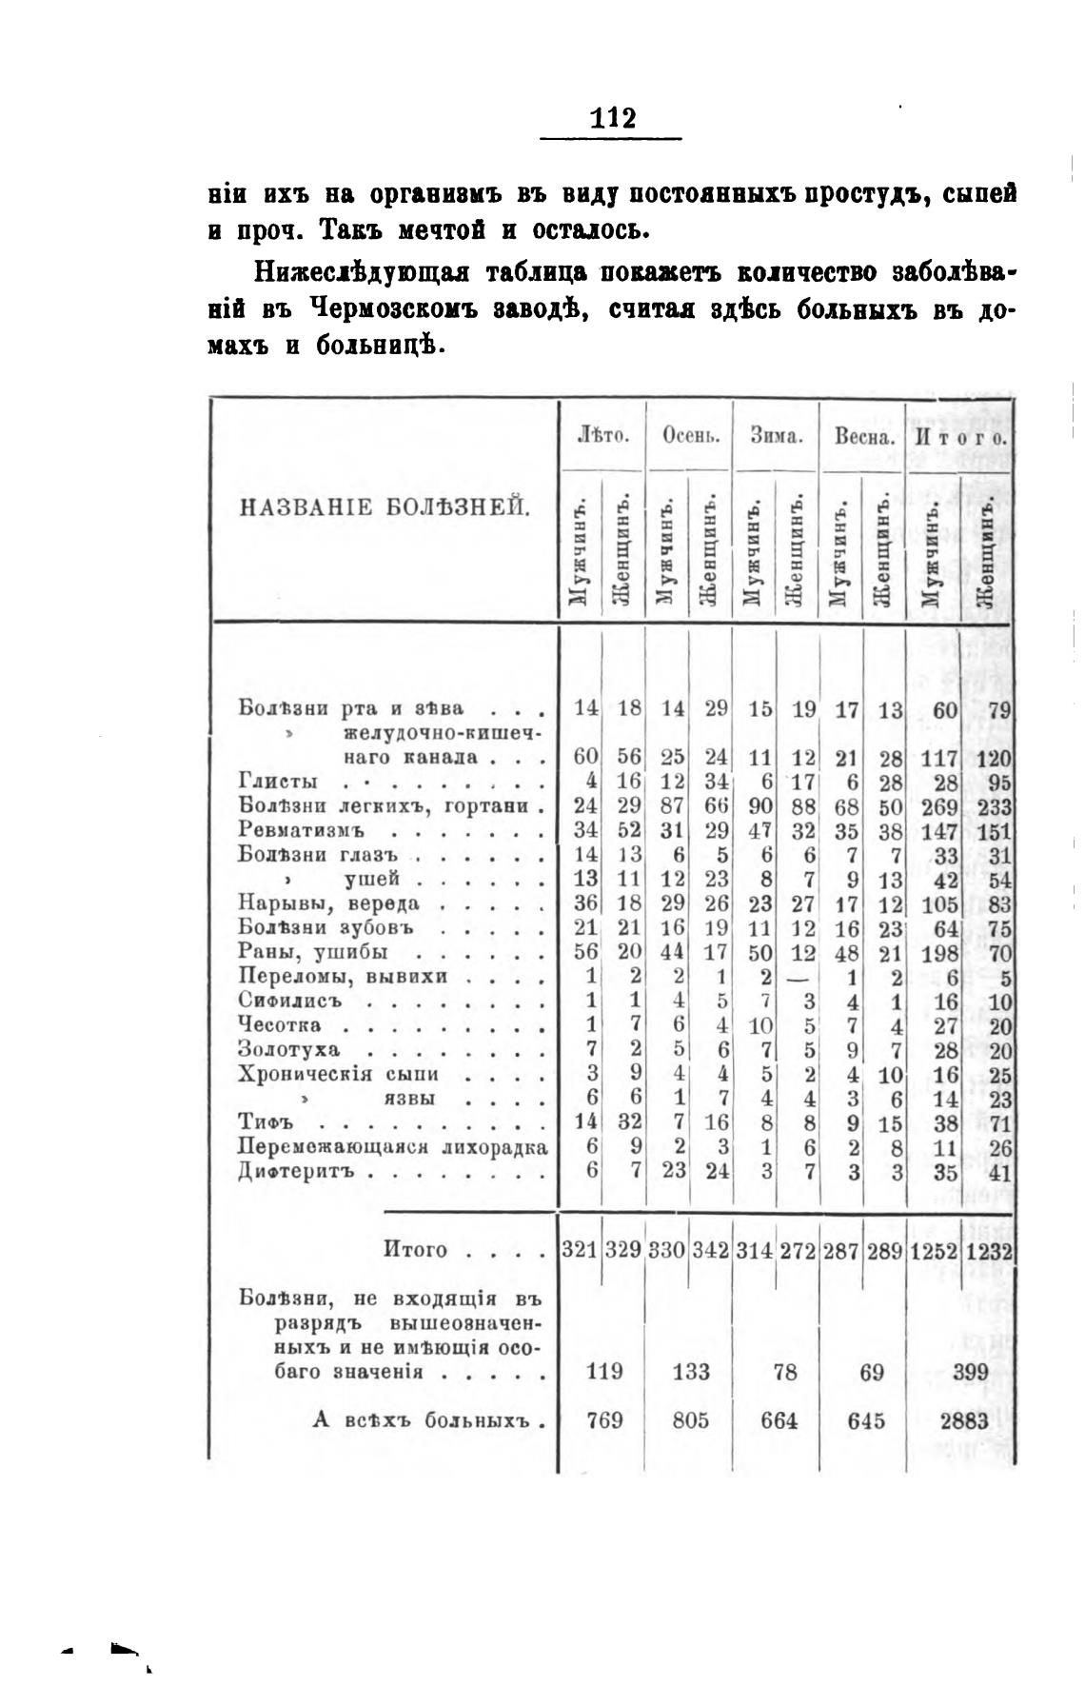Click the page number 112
click(612, 118)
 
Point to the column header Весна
click(864, 438)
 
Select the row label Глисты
click(277, 783)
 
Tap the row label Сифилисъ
click(289, 1002)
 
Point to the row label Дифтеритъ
click(296, 1172)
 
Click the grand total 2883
click(964, 1421)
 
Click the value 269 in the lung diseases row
click(937, 806)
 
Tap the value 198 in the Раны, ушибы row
click(937, 953)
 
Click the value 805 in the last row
click(690, 1421)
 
